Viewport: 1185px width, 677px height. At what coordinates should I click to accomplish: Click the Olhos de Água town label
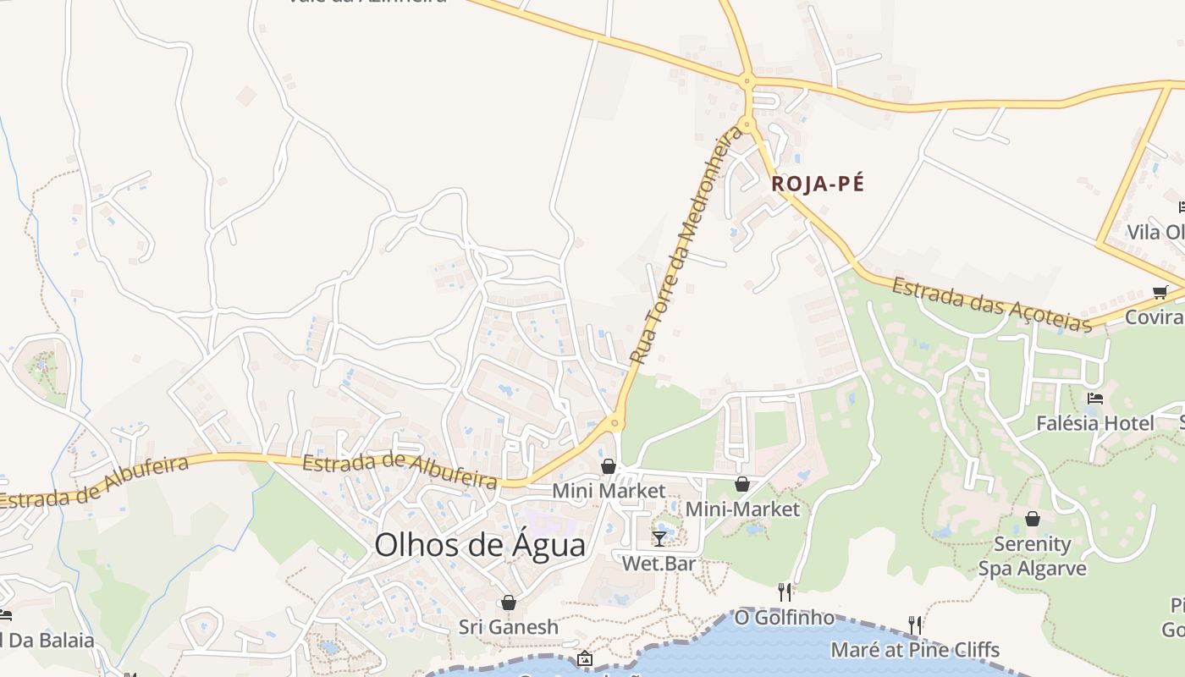tap(480, 544)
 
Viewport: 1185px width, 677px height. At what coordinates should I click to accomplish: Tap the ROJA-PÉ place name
tap(818, 184)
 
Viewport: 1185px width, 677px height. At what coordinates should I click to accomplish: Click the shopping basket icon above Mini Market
tap(608, 466)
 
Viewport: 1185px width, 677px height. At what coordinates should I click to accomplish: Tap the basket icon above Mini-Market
tap(742, 484)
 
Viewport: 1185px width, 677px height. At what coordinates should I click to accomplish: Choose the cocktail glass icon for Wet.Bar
tap(659, 538)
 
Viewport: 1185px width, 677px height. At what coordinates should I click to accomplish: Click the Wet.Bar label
tap(659, 563)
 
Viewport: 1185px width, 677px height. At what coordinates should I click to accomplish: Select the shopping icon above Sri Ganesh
tap(509, 603)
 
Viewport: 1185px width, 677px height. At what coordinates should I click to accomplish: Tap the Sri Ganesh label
tap(509, 627)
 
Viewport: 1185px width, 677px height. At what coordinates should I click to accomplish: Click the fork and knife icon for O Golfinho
tap(785, 592)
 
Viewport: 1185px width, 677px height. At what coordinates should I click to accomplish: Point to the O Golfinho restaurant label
tap(784, 618)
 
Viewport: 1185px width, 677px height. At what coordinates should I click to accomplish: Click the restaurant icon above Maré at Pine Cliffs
tap(915, 625)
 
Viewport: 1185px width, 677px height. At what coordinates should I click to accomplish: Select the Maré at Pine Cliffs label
tap(915, 650)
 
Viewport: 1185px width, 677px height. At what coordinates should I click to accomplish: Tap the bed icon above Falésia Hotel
tap(1095, 399)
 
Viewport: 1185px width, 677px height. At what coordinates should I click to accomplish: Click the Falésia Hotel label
tap(1095, 423)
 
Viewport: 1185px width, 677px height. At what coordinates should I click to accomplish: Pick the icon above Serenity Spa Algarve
tap(1033, 519)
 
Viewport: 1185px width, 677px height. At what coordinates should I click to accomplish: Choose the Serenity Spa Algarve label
tap(1033, 556)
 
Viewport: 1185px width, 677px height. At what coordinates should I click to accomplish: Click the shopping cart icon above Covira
tap(1160, 293)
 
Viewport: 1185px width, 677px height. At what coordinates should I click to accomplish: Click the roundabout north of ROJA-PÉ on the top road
tap(747, 82)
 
